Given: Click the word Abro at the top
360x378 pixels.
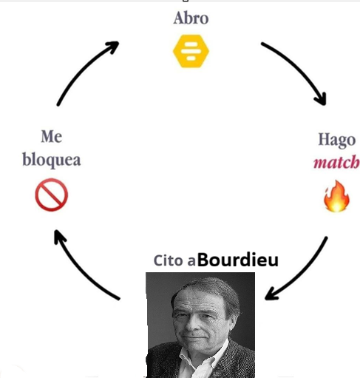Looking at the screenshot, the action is click(x=191, y=18).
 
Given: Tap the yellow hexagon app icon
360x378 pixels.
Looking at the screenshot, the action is click(x=191, y=51).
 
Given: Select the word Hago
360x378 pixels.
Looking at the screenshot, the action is click(x=337, y=141).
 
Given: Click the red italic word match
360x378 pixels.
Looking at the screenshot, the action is click(x=336, y=162).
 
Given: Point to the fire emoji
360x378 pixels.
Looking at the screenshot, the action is click(x=336, y=196).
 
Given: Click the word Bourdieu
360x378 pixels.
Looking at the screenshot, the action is click(x=238, y=260).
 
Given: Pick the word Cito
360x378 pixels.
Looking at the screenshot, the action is click(x=169, y=260).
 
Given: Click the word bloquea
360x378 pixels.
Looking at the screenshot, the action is click(x=52, y=160).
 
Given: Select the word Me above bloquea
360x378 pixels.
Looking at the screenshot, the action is click(x=52, y=136).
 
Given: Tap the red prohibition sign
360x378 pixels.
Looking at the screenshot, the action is click(x=52, y=195).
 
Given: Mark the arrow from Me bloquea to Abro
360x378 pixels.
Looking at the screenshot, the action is click(x=83, y=69).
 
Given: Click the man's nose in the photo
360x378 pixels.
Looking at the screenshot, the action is click(x=191, y=323).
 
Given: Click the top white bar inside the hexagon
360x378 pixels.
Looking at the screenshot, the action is click(x=191, y=44).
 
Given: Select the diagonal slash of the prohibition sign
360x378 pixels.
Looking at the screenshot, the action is click(x=52, y=195).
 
